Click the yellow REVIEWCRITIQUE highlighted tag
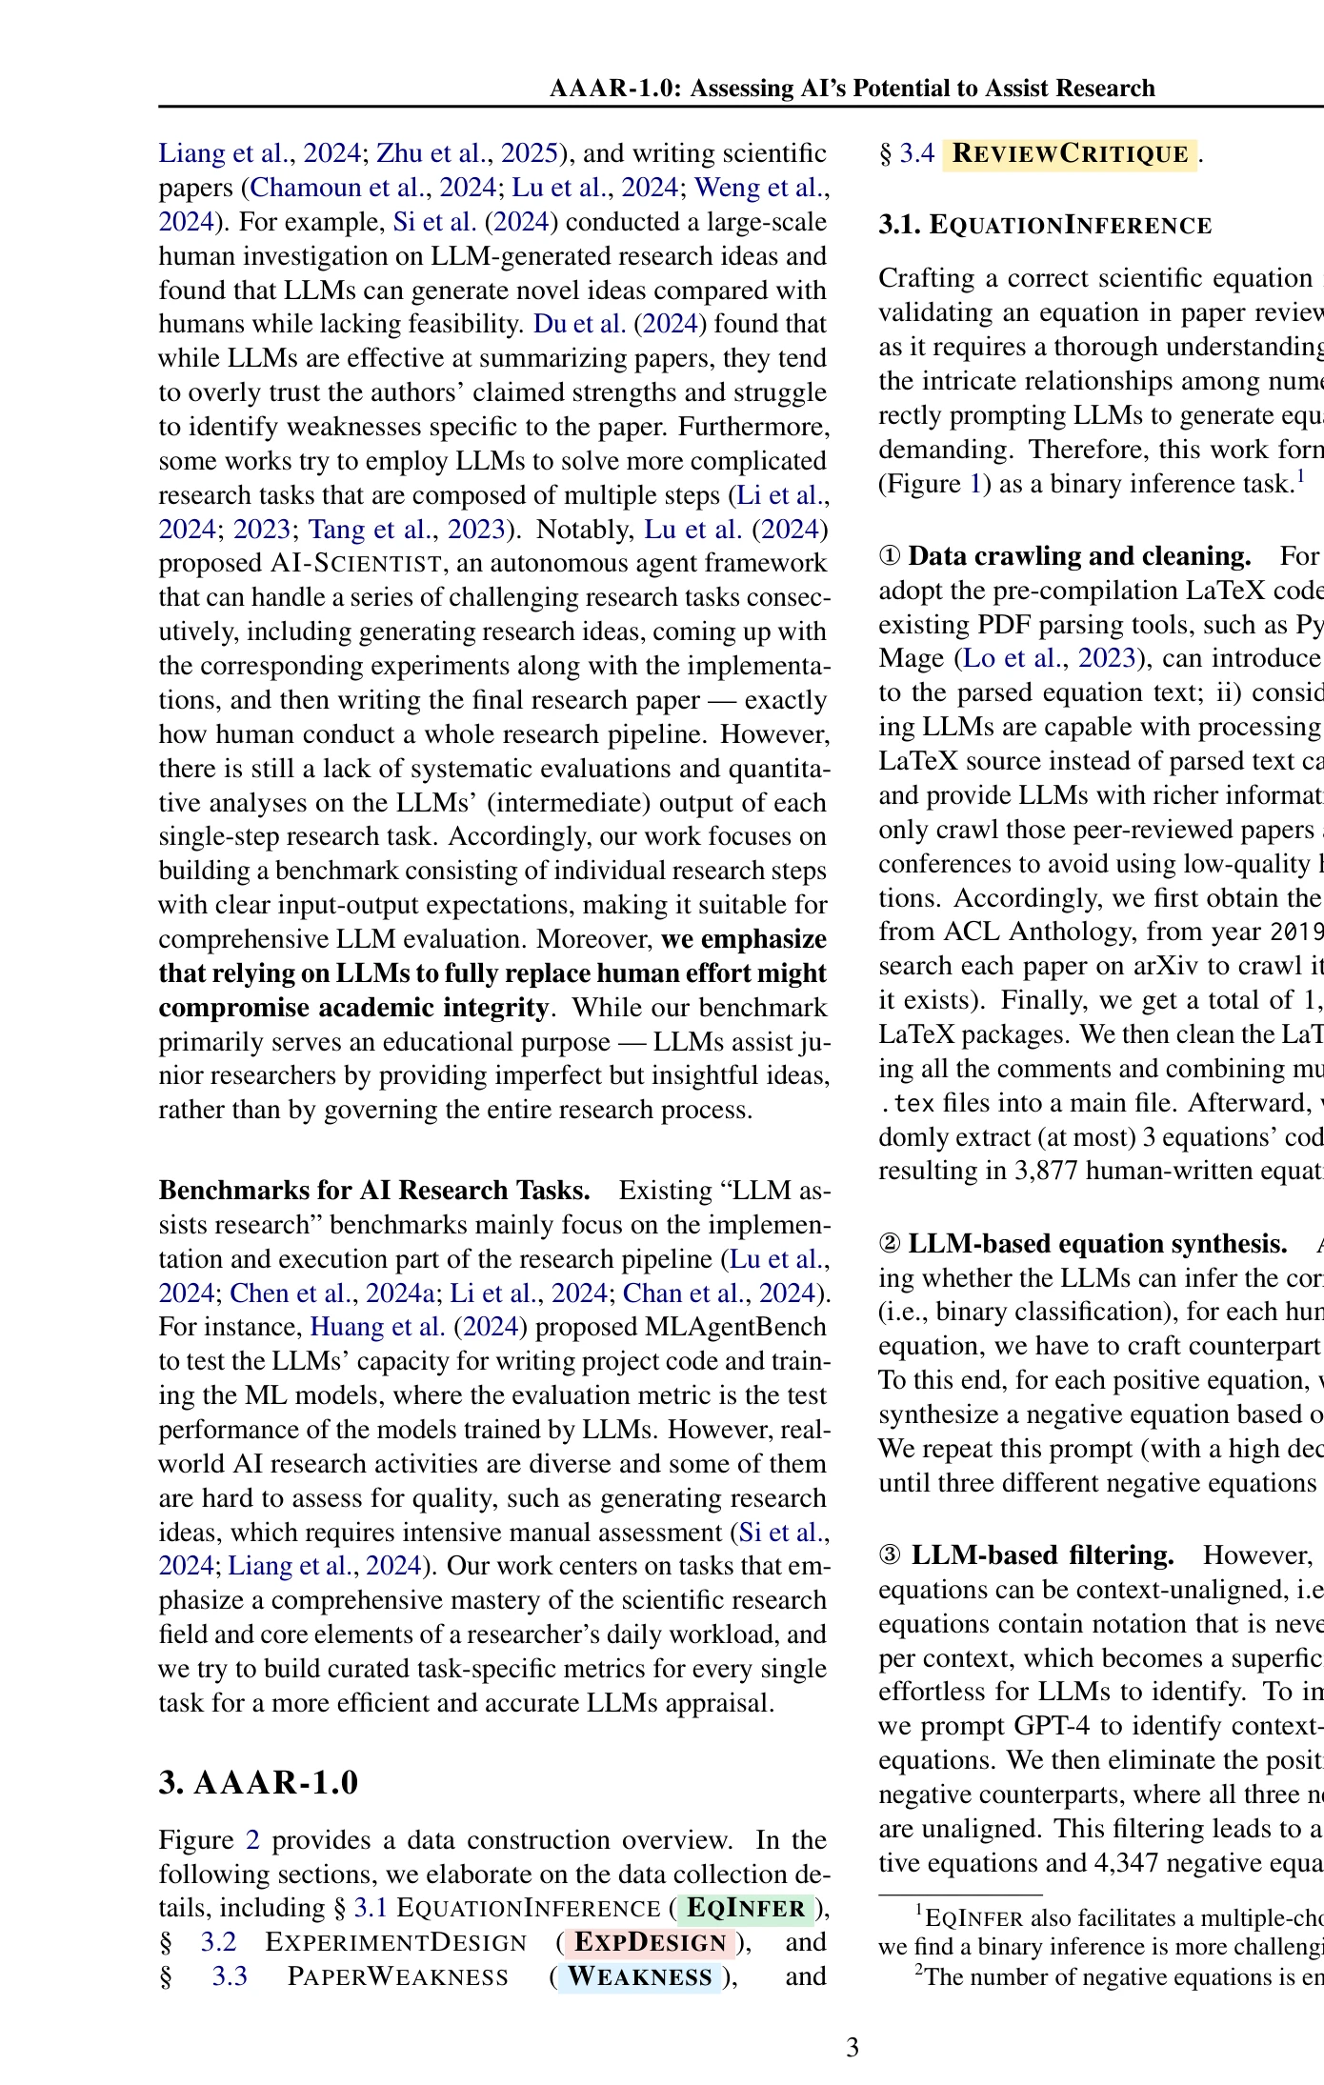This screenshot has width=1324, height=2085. [1070, 153]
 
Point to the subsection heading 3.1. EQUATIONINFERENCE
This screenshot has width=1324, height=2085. [1045, 225]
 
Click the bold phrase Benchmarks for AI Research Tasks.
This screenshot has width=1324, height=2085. [374, 1191]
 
